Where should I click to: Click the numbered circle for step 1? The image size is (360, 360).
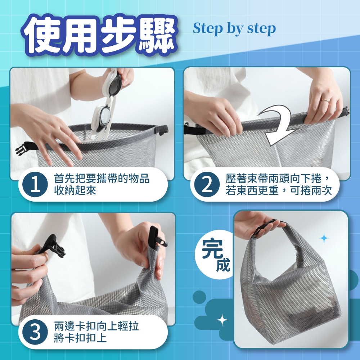[x=35, y=184]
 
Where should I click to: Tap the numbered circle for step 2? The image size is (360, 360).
[x=207, y=184]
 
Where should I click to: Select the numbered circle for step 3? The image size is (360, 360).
[x=35, y=332]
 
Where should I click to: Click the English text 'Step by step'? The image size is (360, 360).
[x=234, y=28]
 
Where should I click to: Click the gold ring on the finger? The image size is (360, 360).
[x=325, y=100]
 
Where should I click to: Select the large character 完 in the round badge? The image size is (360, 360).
[x=212, y=249]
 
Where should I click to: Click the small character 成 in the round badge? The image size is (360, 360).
[x=223, y=265]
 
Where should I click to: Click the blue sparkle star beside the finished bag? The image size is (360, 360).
[x=324, y=238]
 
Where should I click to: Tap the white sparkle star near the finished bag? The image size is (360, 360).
[x=222, y=320]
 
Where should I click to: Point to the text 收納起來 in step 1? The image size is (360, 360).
[x=75, y=190]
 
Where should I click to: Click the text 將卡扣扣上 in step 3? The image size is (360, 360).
[x=81, y=338]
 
